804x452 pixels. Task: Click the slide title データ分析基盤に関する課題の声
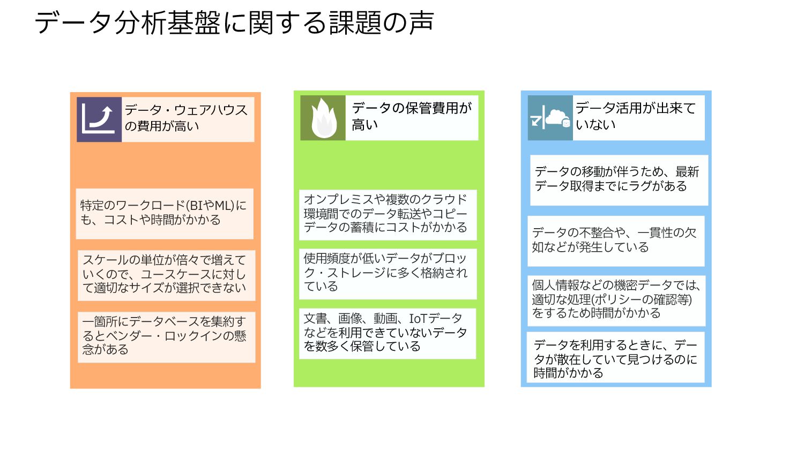tap(234, 23)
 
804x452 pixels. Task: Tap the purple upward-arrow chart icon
tap(99, 119)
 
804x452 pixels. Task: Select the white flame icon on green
tap(323, 118)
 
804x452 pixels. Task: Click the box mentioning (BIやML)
tap(164, 213)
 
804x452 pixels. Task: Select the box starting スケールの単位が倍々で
tap(166, 275)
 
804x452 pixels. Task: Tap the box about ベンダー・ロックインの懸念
tap(166, 336)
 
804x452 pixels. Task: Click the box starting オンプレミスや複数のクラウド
tap(387, 214)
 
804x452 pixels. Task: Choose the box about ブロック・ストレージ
tap(387, 273)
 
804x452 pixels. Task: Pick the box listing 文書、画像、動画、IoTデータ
tap(387, 333)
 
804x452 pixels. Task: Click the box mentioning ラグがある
tap(619, 180)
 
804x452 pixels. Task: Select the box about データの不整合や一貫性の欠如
tap(615, 240)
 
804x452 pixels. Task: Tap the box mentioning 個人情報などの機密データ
tap(616, 300)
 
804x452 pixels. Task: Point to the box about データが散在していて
tap(616, 359)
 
